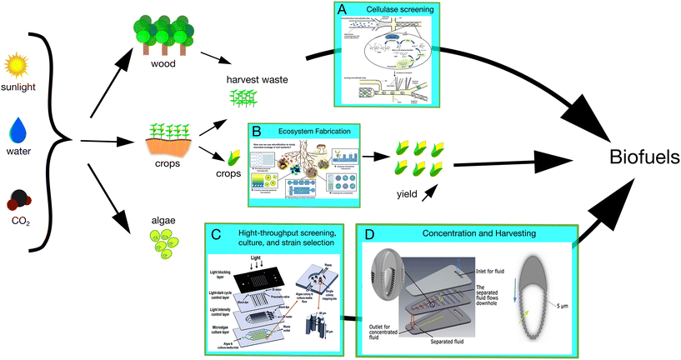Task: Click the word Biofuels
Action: click(638, 157)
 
